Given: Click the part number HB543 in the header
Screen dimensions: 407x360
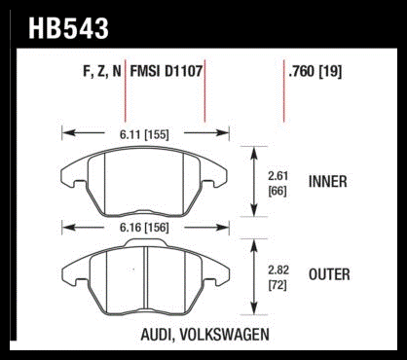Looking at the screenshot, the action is (x=68, y=28).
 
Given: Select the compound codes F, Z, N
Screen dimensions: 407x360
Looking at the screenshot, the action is (x=102, y=71).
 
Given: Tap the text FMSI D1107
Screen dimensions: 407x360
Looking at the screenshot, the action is (x=166, y=71).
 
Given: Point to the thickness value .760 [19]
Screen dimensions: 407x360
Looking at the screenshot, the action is (x=315, y=71).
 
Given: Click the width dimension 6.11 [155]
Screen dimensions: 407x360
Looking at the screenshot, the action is (x=144, y=134).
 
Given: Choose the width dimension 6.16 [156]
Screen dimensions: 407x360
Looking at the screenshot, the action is (x=144, y=228).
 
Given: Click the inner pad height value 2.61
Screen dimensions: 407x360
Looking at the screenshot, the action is (x=277, y=176).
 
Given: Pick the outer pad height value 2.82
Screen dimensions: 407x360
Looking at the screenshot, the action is (x=278, y=270).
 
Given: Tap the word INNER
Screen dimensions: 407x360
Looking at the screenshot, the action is (x=327, y=182).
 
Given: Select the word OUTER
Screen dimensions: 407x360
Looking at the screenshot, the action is (x=329, y=274).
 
